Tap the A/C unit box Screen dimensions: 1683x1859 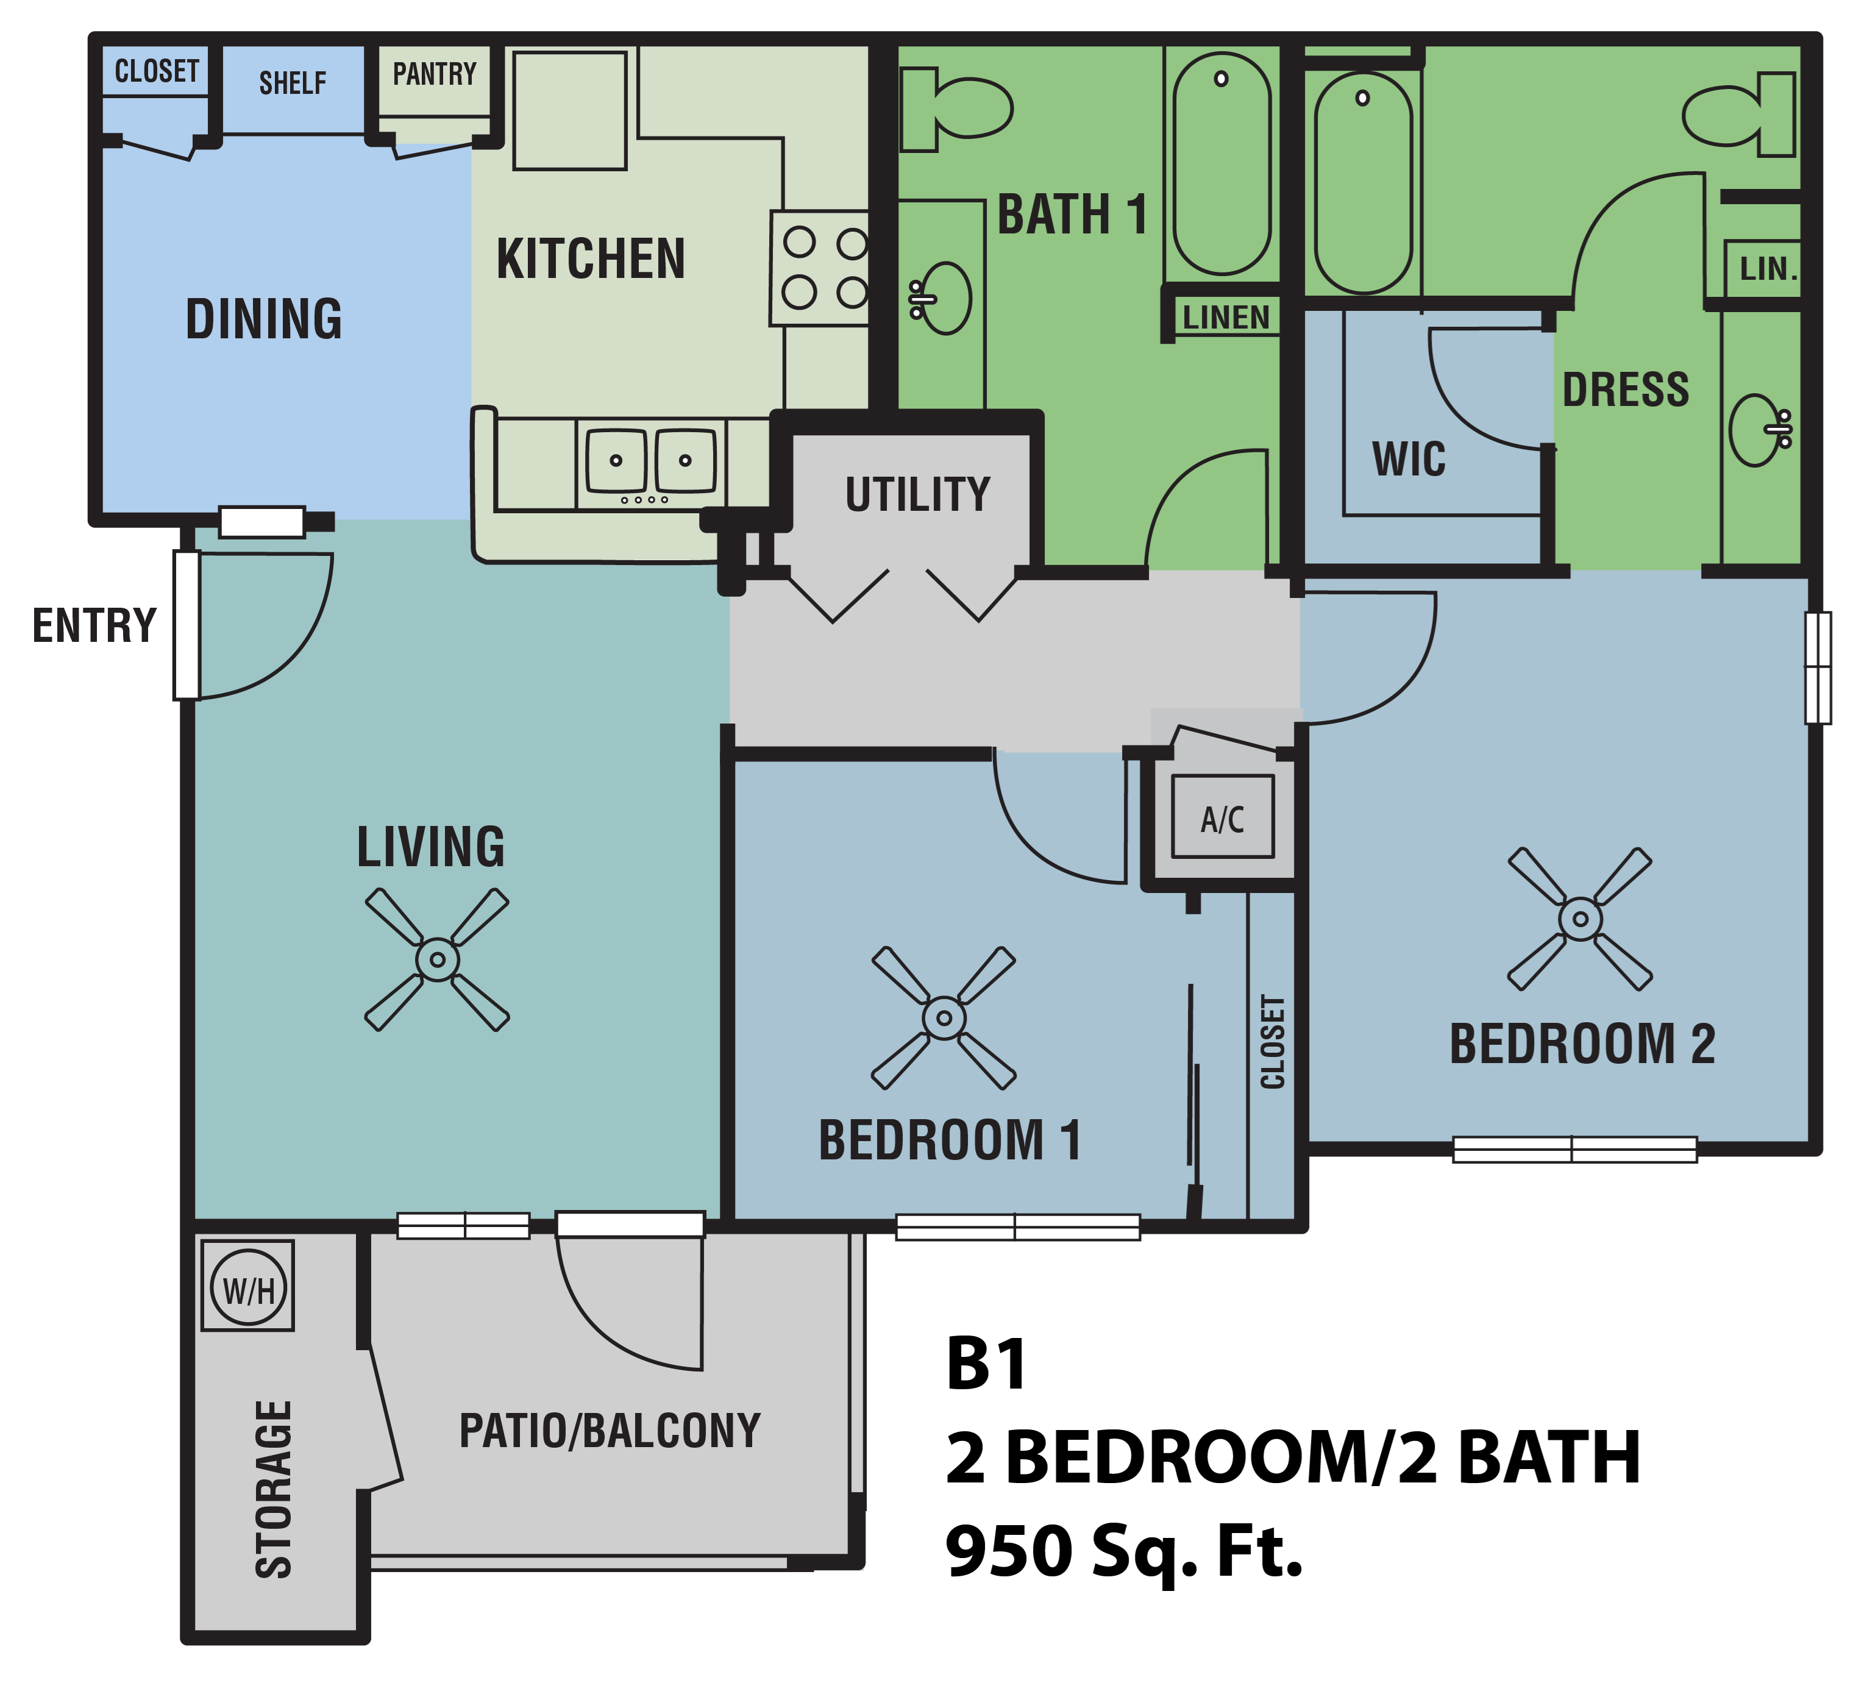(1223, 817)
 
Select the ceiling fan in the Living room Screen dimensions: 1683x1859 (437, 959)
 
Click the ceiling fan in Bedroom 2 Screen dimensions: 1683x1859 (1580, 919)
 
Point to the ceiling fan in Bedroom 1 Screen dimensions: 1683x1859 (944, 1017)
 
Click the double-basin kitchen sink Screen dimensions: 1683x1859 (651, 460)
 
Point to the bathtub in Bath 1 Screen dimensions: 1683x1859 (1222, 164)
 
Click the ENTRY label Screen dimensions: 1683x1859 (94, 625)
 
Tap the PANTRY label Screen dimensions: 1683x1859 (435, 74)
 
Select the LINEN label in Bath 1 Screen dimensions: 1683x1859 (1226, 317)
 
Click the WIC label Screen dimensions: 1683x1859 (1408, 458)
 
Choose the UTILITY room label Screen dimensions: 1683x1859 (917, 494)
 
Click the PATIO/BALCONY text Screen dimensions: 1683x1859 (610, 1430)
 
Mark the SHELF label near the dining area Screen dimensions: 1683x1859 (293, 83)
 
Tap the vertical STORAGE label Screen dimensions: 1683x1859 (274, 1489)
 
